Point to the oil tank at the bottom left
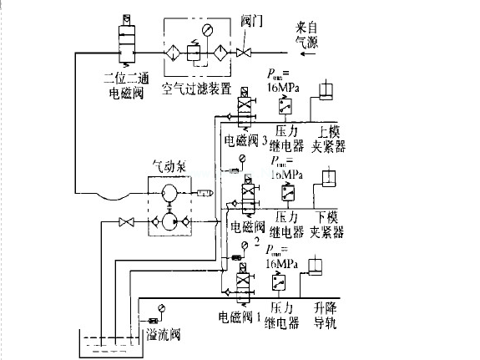[105, 346]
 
